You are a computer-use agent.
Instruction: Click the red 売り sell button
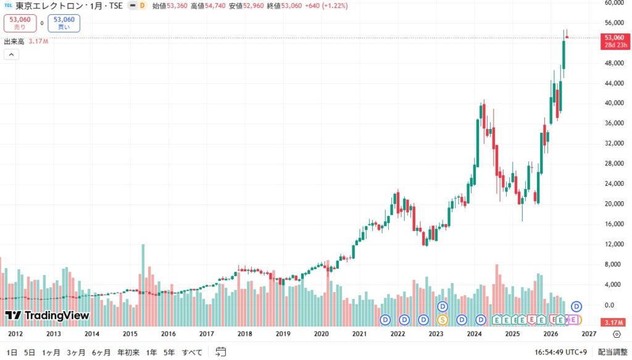tap(20, 23)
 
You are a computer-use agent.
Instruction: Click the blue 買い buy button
tap(64, 23)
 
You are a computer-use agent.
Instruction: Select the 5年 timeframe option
tap(169, 353)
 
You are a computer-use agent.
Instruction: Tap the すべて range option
tap(192, 353)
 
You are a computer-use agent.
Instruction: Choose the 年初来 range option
tap(128, 353)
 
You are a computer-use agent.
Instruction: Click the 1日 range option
tap(12, 353)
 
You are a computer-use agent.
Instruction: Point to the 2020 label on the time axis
tap(321, 334)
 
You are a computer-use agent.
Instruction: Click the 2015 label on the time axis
tap(130, 334)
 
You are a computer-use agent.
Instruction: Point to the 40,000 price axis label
tap(614, 103)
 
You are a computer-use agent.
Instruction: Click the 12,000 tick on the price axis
tap(614, 244)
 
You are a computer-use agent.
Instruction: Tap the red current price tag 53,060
tap(615, 41)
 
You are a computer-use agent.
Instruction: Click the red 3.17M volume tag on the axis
tap(614, 322)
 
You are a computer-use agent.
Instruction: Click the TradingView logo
tap(47, 316)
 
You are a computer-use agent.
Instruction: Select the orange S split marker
tap(442, 320)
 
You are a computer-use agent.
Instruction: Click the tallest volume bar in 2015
tap(143, 285)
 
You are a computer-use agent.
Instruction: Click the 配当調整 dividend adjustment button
tap(612, 353)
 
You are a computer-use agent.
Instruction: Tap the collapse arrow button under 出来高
tap(11, 54)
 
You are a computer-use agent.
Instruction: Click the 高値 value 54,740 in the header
tap(215, 6)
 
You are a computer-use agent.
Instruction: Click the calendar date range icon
tap(220, 352)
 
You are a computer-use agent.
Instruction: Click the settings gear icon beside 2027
tap(617, 334)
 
